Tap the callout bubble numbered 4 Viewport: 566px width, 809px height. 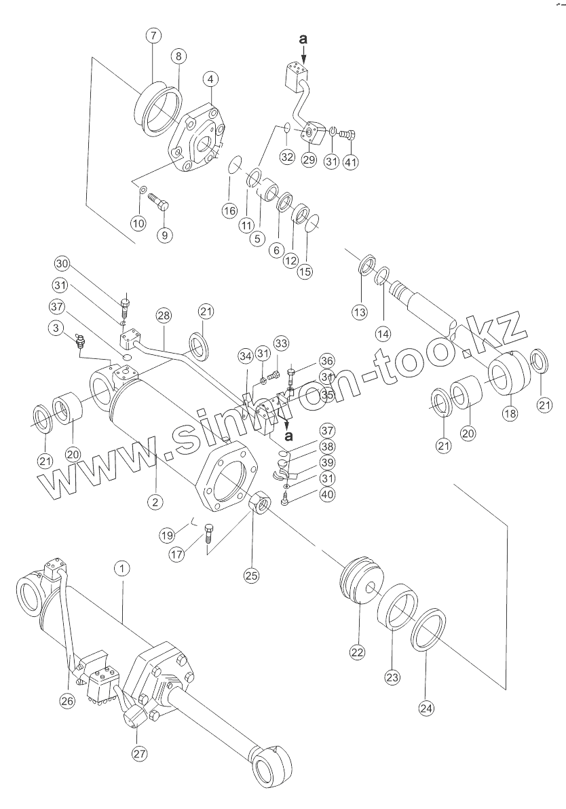[x=211, y=79]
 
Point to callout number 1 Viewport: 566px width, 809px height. [x=121, y=569]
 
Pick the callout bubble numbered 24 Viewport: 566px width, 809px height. [x=426, y=709]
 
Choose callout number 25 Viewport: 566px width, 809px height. [x=252, y=576]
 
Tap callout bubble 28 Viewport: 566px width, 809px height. [x=163, y=316]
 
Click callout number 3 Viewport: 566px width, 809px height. [x=58, y=328]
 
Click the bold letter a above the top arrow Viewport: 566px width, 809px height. [x=303, y=40]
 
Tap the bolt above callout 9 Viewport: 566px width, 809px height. [x=158, y=202]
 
